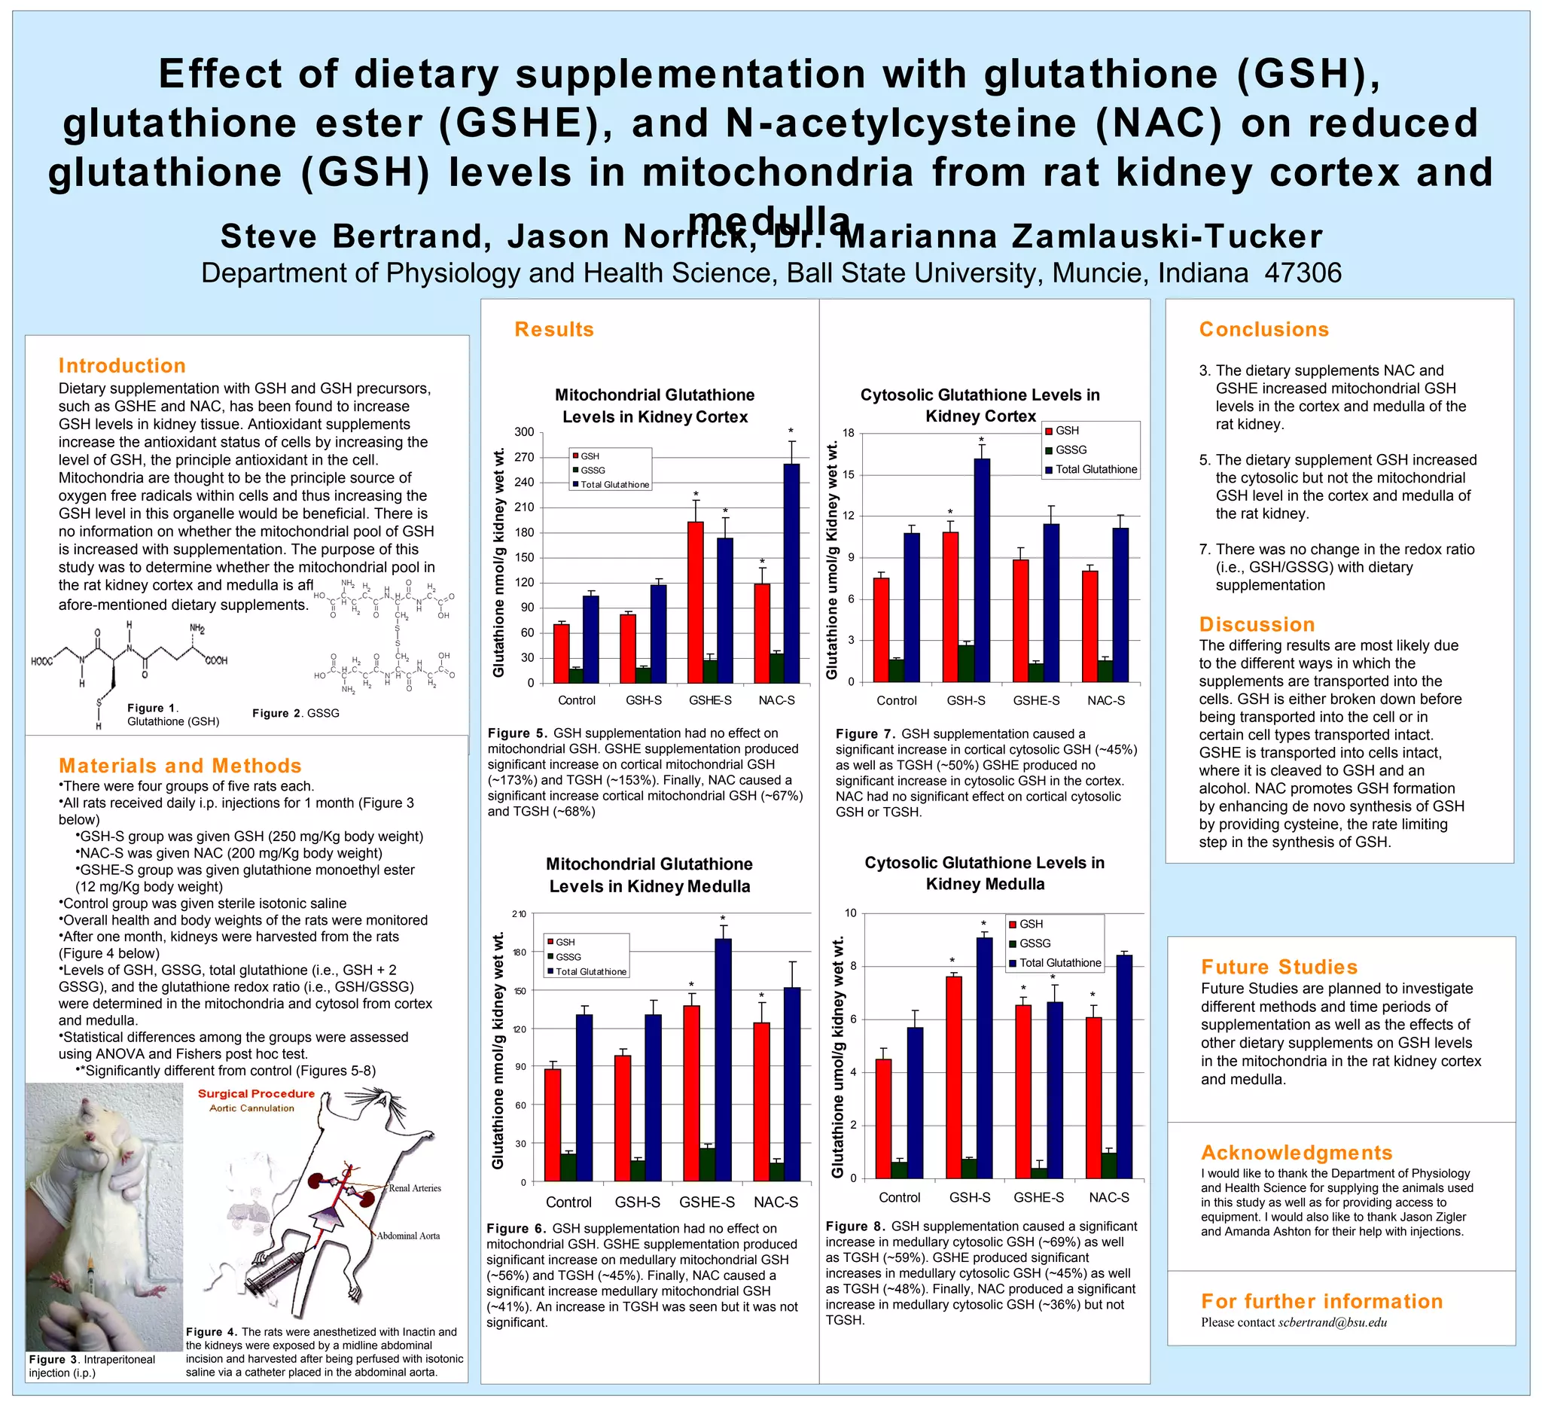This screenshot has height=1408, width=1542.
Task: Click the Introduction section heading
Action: [122, 366]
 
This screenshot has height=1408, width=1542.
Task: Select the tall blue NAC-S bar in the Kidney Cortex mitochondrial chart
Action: [791, 574]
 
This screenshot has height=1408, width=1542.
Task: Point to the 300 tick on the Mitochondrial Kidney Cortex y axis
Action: [524, 432]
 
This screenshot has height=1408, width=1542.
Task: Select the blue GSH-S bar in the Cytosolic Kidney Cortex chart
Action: [981, 570]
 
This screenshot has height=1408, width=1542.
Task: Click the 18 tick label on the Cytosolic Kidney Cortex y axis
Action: [849, 434]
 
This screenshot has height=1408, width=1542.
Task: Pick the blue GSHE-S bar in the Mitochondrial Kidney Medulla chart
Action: [723, 1060]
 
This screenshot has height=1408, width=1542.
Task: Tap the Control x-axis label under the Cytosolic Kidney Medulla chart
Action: [900, 1198]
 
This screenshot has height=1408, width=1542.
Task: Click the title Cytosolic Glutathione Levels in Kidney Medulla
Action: [984, 873]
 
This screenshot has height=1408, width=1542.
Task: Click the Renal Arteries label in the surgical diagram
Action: [415, 1188]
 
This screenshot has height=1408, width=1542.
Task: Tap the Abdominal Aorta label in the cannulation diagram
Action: [407, 1236]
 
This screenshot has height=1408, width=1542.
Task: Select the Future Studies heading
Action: [1279, 967]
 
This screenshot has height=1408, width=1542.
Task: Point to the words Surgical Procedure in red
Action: [256, 1094]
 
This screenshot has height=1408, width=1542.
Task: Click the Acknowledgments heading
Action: [1297, 1153]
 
